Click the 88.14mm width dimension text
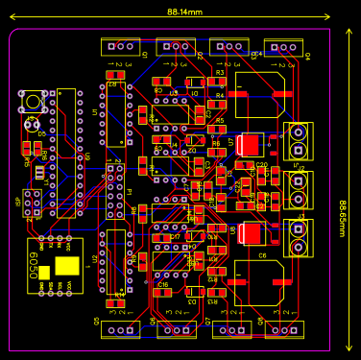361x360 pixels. pos(184,12)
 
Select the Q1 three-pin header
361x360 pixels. pos(121,46)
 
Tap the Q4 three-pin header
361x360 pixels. pos(284,46)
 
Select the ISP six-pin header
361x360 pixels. pos(33,201)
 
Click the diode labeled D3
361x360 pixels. pos(193,292)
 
